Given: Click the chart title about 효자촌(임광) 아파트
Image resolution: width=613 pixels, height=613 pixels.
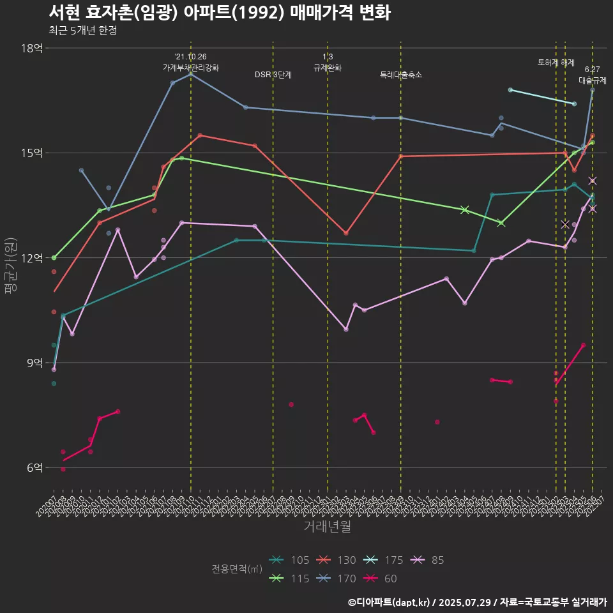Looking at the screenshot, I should tap(219, 13).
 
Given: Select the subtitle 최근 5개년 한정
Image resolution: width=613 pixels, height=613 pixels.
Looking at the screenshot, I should tap(82, 31).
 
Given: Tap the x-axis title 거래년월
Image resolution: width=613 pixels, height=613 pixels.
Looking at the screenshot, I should tap(326, 527).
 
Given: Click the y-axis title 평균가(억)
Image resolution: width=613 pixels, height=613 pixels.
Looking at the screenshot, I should tap(10, 266).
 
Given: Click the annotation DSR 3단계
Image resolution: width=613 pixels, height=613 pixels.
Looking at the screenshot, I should tap(273, 75).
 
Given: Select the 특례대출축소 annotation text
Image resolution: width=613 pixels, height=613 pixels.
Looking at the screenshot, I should tap(401, 75).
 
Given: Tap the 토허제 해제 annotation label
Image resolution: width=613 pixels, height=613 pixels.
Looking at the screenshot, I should tap(556, 63).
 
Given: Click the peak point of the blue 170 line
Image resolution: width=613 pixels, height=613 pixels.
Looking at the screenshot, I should tap(191, 74).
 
